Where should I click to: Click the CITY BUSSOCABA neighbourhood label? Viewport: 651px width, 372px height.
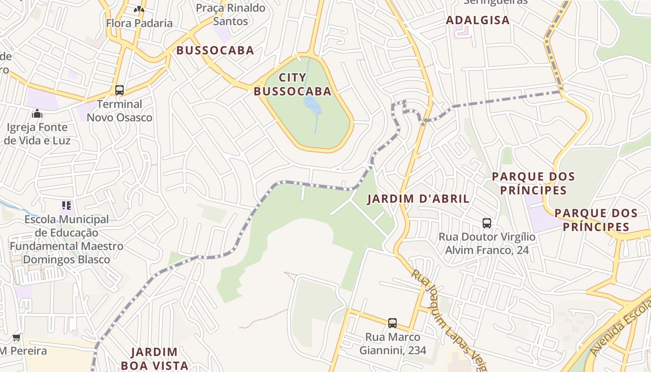[292, 84]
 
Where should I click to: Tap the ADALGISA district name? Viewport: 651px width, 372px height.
[478, 20]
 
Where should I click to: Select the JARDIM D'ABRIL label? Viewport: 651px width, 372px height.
[418, 199]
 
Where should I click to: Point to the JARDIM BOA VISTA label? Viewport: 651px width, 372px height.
[154, 359]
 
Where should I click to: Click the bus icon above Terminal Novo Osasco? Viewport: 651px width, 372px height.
[120, 90]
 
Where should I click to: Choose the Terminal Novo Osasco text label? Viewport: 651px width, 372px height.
[120, 111]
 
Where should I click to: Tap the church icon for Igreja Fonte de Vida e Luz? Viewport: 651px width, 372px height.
[37, 113]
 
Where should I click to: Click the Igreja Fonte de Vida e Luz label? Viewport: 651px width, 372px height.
[37, 134]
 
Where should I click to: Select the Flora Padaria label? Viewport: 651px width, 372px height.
[139, 23]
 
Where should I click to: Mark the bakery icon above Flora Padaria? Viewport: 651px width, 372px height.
[139, 9]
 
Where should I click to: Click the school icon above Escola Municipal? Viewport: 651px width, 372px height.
[66, 205]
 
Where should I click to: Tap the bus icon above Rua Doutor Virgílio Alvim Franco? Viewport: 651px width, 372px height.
[487, 223]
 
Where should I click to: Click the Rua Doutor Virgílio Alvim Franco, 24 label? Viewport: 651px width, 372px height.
[487, 244]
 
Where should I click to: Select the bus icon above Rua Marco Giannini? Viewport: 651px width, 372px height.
[392, 323]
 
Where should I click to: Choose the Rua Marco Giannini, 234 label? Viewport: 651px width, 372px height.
[392, 344]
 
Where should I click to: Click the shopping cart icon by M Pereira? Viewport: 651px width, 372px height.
[17, 338]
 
